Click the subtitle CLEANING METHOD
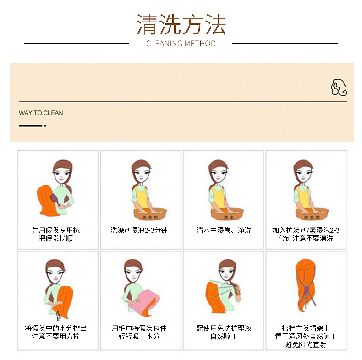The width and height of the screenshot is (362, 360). (181, 44)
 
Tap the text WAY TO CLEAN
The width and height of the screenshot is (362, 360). (41, 113)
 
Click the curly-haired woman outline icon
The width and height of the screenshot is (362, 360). (339, 87)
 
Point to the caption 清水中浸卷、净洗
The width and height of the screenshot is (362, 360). (224, 230)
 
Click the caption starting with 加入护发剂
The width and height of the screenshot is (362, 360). (306, 234)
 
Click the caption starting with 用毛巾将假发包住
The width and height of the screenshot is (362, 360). (139, 332)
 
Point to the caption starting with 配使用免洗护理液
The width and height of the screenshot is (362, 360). (224, 332)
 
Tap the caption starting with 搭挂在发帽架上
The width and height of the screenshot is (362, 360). (306, 336)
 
